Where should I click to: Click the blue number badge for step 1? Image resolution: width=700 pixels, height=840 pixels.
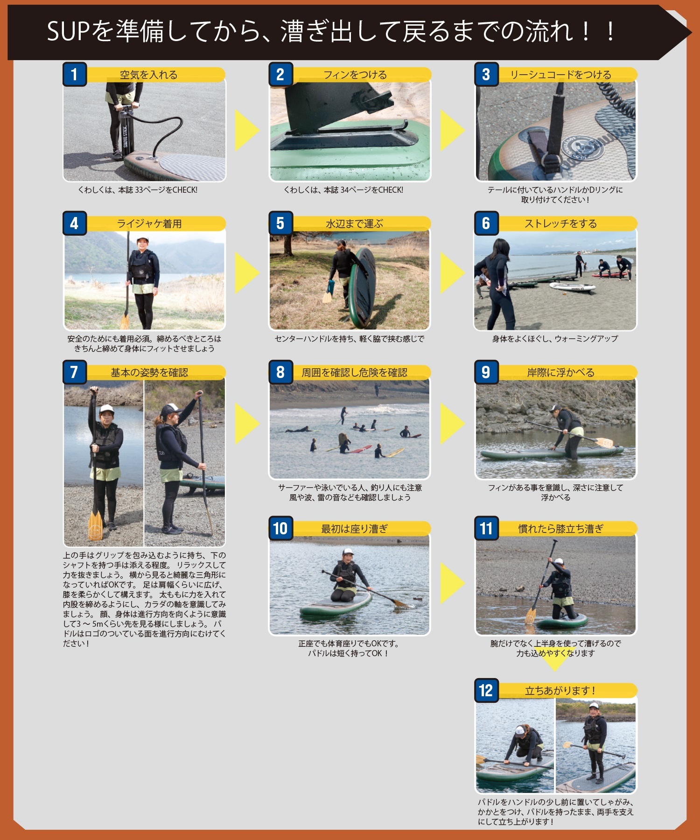74,74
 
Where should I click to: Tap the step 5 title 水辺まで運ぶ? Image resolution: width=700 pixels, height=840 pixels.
354,224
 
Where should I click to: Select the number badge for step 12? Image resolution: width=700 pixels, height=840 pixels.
486,690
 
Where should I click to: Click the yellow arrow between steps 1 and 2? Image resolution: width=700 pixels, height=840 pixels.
245,130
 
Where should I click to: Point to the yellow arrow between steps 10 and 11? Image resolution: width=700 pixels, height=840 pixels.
451,583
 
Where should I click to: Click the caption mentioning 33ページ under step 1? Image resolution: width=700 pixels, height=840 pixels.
138,190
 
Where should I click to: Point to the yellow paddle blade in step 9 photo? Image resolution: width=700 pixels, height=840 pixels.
605,442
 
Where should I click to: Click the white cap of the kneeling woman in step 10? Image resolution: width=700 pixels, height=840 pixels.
347,552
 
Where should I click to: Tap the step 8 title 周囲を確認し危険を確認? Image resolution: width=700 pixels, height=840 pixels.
354,372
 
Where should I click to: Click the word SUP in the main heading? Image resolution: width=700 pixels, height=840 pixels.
68,32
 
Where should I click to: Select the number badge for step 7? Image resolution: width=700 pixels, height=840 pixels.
74,372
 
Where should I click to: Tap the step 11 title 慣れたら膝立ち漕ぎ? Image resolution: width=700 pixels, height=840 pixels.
560,529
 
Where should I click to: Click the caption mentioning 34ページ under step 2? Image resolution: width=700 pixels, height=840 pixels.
343,190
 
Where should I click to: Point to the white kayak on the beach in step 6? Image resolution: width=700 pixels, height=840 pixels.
572,287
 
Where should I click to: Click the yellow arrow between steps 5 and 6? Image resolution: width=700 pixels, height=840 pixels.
451,273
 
